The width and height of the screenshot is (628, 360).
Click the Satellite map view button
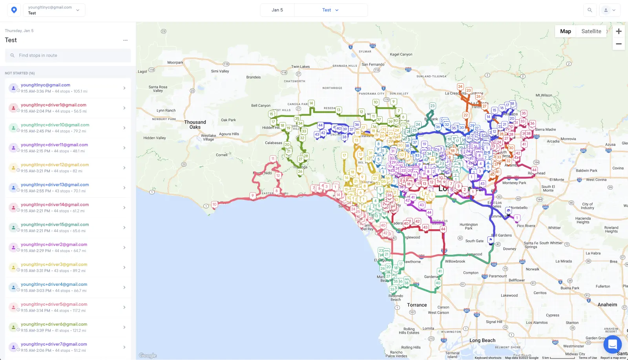click(591, 31)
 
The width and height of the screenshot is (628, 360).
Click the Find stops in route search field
click(68, 55)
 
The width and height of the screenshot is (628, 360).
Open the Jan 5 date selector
click(277, 10)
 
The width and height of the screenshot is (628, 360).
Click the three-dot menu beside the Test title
click(125, 40)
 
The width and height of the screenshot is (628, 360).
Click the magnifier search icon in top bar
click(590, 10)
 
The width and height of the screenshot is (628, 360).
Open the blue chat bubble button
click(612, 345)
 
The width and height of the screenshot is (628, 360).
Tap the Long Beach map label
click(482, 340)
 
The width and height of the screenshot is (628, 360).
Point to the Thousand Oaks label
click(195, 124)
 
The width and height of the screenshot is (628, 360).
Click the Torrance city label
click(417, 305)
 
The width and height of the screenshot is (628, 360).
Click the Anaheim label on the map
click(607, 305)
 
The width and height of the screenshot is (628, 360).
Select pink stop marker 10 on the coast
click(214, 204)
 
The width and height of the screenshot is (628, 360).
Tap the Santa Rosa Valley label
click(158, 89)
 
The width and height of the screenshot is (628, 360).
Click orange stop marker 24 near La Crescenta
click(460, 86)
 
